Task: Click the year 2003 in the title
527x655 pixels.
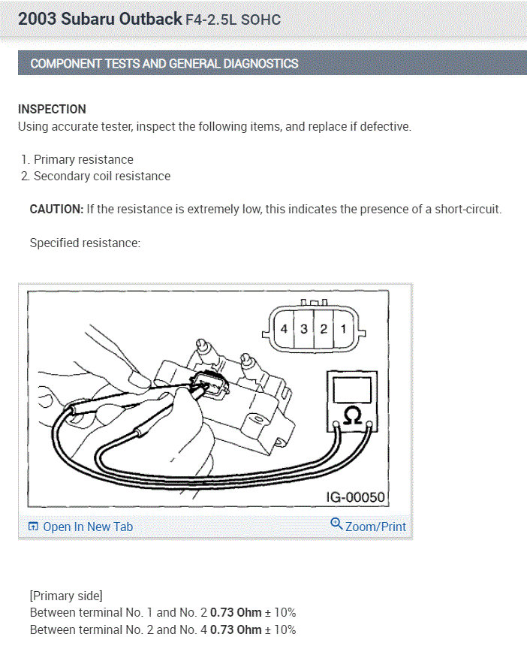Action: point(37,20)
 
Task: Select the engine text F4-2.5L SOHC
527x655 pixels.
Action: point(233,20)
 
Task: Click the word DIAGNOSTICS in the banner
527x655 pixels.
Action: point(260,64)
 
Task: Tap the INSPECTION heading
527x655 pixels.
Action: point(52,109)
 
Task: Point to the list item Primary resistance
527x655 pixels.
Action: point(83,159)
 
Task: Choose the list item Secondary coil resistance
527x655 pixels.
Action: point(102,177)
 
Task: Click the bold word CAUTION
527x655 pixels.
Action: point(57,209)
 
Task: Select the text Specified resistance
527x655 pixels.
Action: point(85,243)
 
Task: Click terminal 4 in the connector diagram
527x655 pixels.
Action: point(284,329)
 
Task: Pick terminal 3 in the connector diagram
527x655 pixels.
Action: point(303,329)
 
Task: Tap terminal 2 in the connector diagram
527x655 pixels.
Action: point(324,329)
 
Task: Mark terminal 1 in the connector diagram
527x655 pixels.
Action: point(343,329)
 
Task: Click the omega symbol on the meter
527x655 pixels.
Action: point(352,416)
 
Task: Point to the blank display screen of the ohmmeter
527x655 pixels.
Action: point(352,390)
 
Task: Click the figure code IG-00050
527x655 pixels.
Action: point(355,497)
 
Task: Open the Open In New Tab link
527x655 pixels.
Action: point(80,527)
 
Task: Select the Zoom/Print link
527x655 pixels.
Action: point(375,527)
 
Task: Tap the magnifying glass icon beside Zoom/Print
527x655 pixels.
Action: point(336,524)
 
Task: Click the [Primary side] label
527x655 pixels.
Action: point(66,596)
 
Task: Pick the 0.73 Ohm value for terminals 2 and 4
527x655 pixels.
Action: point(236,629)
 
